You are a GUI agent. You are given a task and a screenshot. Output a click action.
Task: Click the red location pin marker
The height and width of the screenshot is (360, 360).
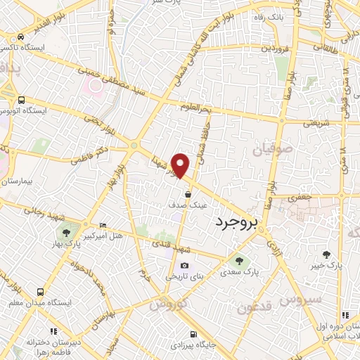181,165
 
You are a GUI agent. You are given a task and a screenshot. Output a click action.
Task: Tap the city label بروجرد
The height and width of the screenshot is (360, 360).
235,221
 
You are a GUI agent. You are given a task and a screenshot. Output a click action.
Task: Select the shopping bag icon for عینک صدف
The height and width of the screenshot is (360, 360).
188,194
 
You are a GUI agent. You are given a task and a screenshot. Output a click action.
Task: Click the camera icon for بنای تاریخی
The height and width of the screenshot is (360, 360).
184,266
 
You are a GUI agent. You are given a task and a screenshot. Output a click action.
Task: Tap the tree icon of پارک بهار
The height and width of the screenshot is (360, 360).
66,233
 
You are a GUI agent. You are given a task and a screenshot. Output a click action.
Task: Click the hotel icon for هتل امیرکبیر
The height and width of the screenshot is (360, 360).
103,225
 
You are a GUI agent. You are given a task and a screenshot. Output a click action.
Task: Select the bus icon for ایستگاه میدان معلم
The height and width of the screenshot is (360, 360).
39,291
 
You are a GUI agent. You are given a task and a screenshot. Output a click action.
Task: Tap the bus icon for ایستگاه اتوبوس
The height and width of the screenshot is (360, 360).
22,100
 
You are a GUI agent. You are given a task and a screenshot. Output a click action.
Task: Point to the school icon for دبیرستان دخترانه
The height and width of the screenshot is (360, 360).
52,331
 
